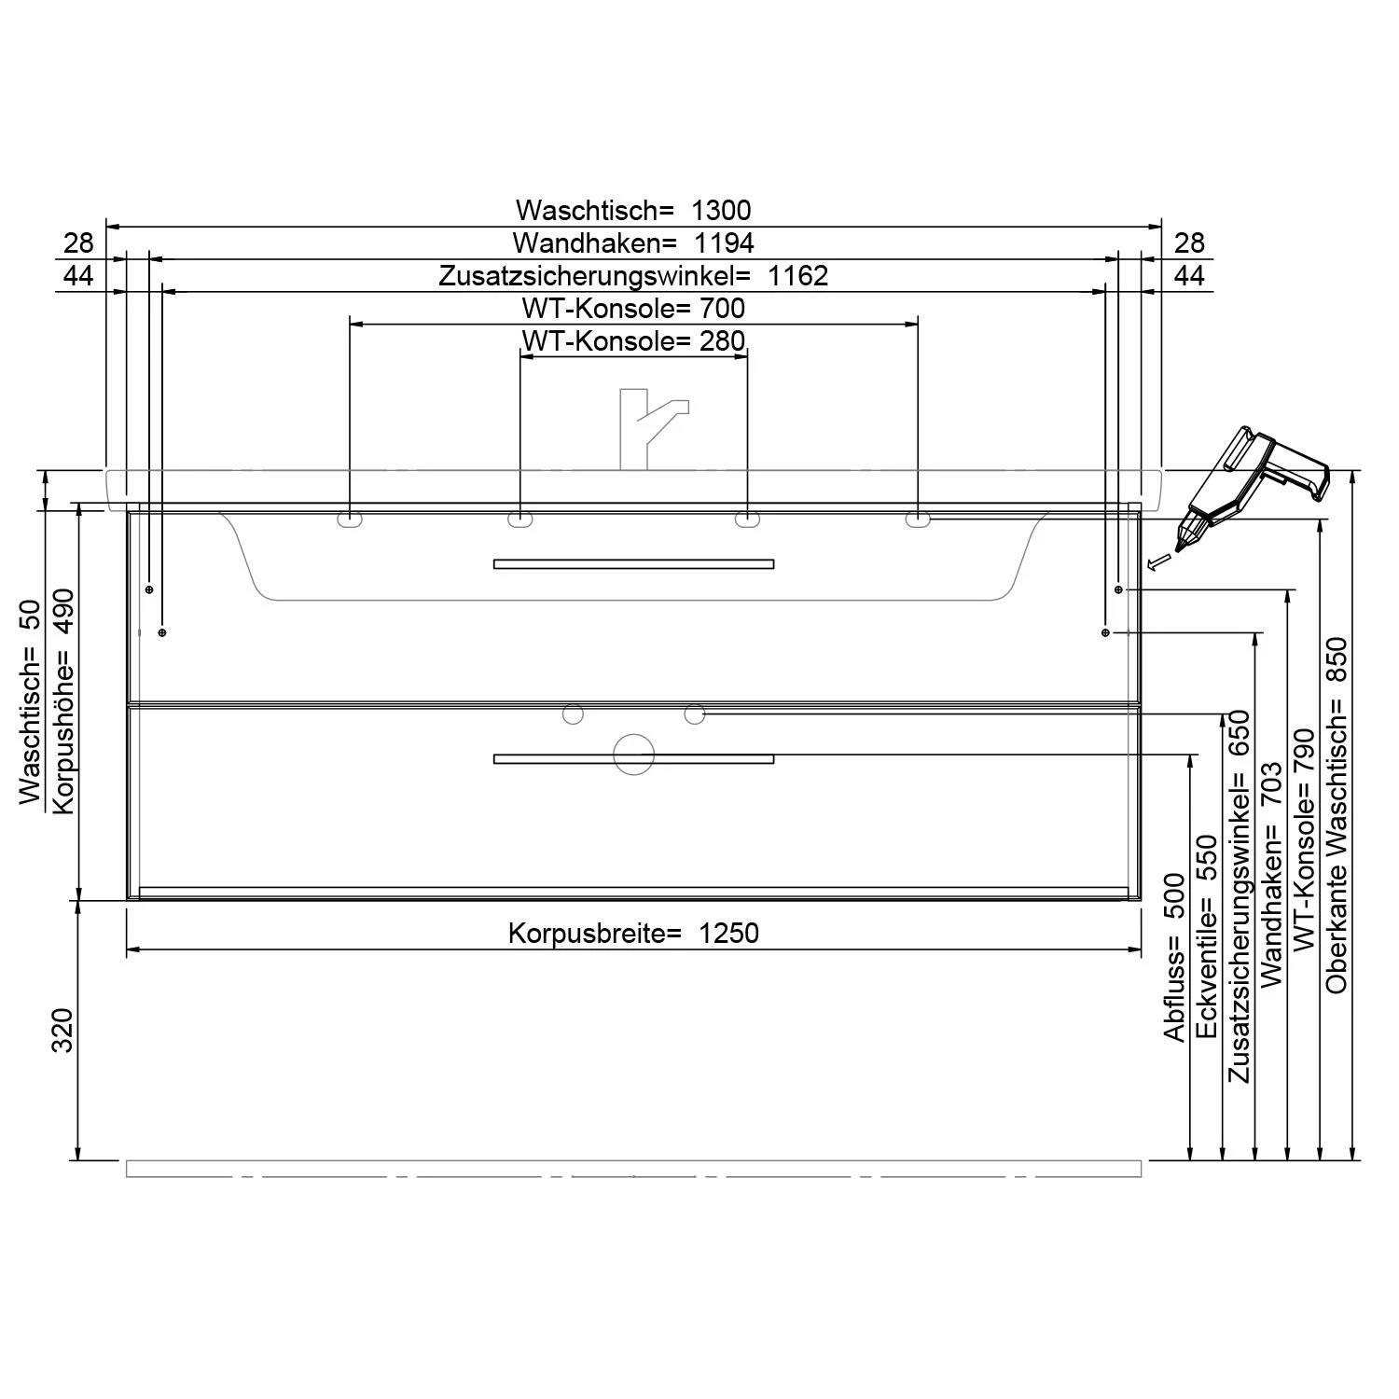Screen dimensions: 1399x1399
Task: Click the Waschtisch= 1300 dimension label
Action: (x=633, y=210)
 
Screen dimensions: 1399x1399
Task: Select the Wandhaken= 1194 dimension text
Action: (x=633, y=243)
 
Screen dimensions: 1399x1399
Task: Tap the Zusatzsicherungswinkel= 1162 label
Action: (x=633, y=276)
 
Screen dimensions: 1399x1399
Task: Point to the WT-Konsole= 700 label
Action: (x=633, y=308)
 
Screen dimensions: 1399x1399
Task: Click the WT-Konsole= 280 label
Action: (x=633, y=340)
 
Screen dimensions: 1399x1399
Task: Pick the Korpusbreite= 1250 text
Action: (x=633, y=933)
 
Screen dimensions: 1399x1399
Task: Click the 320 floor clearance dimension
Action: (x=62, y=1030)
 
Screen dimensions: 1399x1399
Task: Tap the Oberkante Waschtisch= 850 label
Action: (x=1337, y=814)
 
